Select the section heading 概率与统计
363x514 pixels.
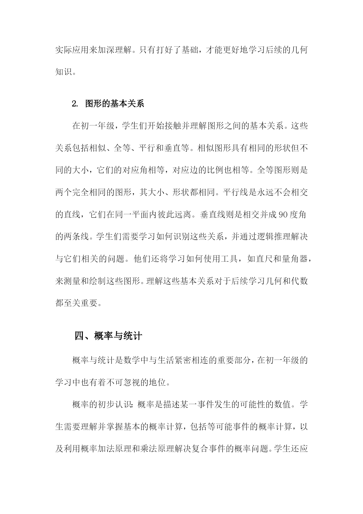(x=118, y=336)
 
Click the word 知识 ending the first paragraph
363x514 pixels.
(x=63, y=72)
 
